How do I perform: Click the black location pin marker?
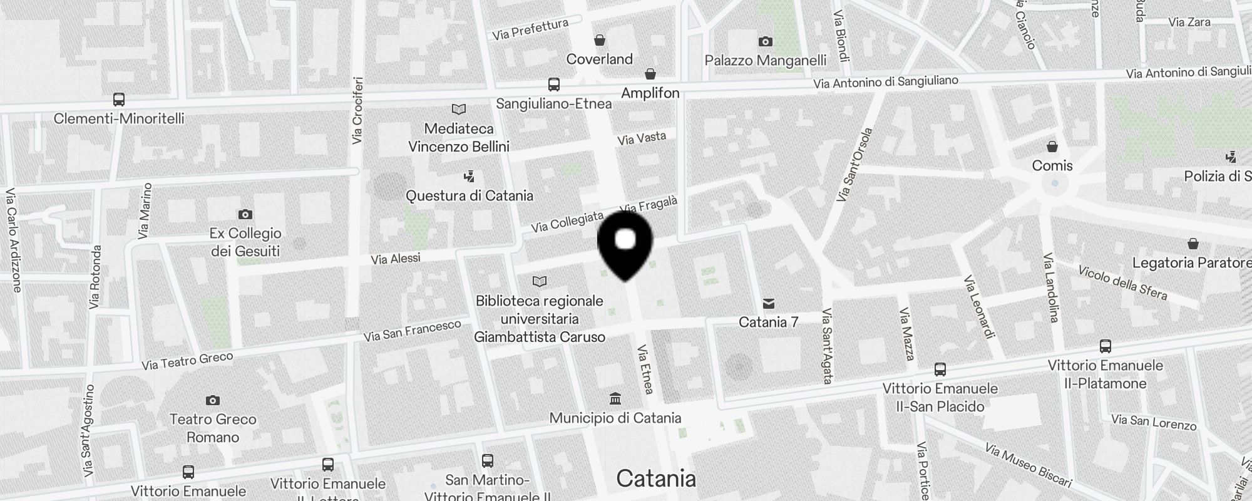click(x=625, y=244)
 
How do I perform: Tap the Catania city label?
click(x=655, y=478)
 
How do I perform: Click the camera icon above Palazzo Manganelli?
click(x=765, y=41)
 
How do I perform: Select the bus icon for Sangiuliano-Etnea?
click(x=553, y=85)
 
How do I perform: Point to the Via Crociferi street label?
click(x=357, y=110)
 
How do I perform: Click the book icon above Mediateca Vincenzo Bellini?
click(x=459, y=110)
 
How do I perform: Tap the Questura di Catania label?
click(x=469, y=195)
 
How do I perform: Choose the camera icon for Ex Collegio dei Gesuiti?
click(x=245, y=214)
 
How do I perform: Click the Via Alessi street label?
click(x=396, y=258)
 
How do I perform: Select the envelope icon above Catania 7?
click(x=769, y=304)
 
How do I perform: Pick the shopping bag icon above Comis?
click(x=1052, y=147)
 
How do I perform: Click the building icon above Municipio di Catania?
click(x=615, y=399)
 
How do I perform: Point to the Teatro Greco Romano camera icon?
click(x=213, y=400)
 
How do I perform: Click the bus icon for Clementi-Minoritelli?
click(x=118, y=99)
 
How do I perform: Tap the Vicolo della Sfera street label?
click(x=1122, y=283)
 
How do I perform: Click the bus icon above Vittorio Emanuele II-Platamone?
click(x=1106, y=346)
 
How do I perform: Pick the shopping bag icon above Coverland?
click(x=600, y=41)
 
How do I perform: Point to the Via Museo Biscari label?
click(x=1027, y=465)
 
